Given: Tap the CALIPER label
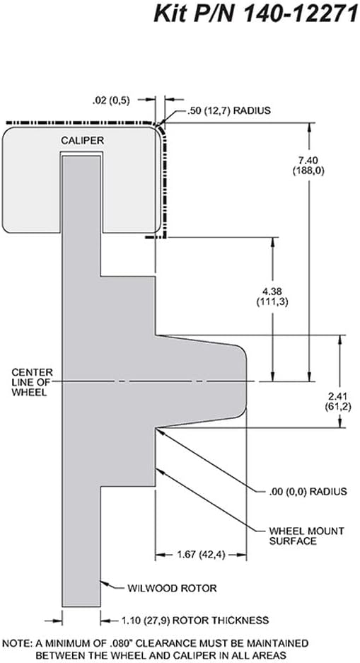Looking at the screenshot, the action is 82,140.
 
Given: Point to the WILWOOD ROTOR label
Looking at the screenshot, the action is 173,588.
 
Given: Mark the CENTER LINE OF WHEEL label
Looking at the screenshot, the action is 33,382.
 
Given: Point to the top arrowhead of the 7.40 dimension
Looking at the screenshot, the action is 310,127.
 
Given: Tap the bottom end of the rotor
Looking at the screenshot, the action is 81,606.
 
